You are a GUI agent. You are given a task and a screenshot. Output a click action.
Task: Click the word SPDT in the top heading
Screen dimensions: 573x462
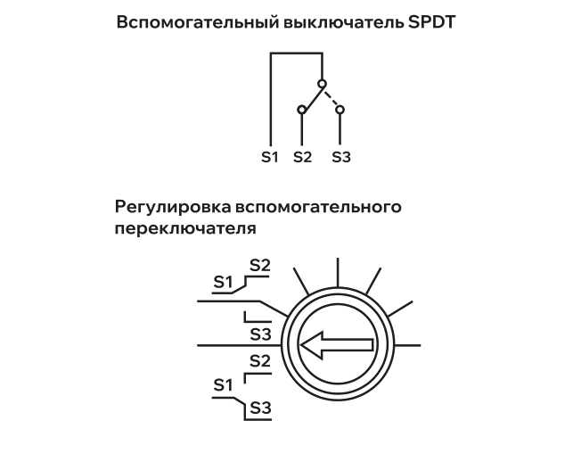tap(431, 22)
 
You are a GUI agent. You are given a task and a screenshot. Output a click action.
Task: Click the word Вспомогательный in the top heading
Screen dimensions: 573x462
tap(198, 22)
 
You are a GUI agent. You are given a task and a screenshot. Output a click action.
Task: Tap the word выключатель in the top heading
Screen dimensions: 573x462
tap(343, 22)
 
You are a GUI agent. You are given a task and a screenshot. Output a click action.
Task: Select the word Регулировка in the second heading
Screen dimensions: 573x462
tap(173, 207)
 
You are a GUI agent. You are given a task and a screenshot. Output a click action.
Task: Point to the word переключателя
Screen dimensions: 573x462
tap(185, 228)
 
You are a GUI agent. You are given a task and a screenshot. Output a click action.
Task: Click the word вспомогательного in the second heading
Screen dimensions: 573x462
tap(318, 207)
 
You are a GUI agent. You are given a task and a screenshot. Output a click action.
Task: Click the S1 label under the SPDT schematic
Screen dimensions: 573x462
tap(270, 157)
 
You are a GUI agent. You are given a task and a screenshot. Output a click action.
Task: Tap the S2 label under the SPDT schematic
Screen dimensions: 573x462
tap(303, 157)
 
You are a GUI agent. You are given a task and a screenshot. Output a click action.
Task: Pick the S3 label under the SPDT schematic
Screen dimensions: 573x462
tap(341, 157)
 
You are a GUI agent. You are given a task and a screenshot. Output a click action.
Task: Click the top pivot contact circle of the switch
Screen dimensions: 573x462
tap(322, 84)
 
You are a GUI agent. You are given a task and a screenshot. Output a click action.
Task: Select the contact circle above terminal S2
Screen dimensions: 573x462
tap(301, 110)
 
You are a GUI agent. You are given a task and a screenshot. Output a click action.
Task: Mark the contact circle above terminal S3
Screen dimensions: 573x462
tap(340, 110)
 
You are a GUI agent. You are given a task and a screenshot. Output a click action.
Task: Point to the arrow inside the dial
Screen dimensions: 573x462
tap(337, 345)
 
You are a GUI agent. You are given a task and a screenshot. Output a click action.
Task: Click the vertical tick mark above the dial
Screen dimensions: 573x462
tap(338, 273)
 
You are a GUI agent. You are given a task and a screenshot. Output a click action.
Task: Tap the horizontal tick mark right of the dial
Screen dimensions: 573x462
tap(407, 345)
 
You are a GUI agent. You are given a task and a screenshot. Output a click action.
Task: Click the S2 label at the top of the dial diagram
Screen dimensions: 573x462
tap(260, 266)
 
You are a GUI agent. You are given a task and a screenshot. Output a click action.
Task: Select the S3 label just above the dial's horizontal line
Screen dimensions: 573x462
tap(260, 334)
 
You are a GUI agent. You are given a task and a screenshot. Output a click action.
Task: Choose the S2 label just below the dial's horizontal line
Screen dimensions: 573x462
tap(260, 361)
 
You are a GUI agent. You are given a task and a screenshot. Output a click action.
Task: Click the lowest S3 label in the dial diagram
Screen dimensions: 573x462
tap(260, 408)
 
